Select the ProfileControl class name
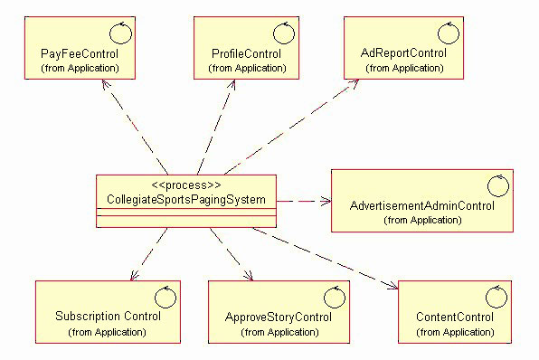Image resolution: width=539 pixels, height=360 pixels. [x=240, y=54]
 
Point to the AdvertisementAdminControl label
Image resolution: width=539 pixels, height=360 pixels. [x=421, y=206]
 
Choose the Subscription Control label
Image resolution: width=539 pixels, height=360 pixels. [x=108, y=317]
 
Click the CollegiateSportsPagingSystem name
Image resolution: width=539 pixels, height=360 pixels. [x=185, y=199]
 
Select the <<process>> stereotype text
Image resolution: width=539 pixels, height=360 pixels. [x=185, y=185]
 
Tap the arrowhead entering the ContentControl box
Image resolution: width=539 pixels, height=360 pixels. [x=393, y=289]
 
